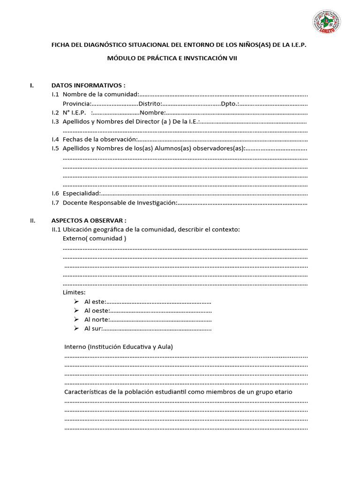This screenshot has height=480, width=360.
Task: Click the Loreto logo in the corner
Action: [326, 22]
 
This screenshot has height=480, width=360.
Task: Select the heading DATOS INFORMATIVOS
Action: [88, 85]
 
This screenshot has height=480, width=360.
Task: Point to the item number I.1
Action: [55, 95]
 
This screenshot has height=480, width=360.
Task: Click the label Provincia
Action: [76, 104]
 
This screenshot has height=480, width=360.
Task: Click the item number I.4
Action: [55, 140]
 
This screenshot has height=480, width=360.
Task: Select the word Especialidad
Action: [81, 194]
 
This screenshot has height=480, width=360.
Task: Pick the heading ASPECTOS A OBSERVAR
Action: [89, 220]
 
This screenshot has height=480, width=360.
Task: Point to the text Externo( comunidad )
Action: [94, 239]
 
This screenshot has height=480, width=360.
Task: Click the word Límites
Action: [74, 292]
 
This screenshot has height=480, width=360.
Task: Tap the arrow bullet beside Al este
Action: [76, 301]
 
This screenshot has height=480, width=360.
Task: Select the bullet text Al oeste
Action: [97, 311]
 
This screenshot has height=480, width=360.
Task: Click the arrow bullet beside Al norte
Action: [76, 320]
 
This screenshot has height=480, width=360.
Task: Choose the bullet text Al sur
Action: [93, 329]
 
